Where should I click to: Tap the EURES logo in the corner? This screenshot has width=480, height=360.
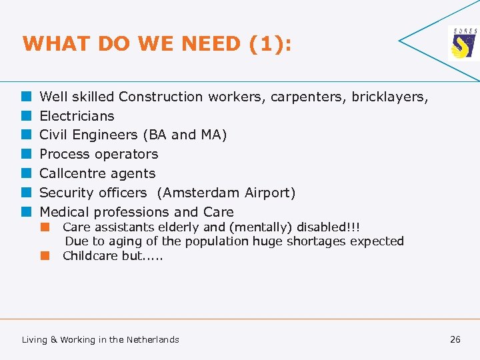[x=463, y=44]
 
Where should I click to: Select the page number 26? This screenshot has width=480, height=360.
[x=455, y=339]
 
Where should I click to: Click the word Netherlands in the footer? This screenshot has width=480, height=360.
[x=153, y=339]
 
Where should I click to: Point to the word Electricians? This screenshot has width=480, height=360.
[x=77, y=116]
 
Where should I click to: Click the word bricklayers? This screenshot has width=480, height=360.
[x=387, y=97]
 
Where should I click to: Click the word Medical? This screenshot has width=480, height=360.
[x=65, y=212]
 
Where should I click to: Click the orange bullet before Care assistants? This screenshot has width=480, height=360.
[x=45, y=227]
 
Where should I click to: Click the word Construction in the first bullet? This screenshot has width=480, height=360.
[x=161, y=97]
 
